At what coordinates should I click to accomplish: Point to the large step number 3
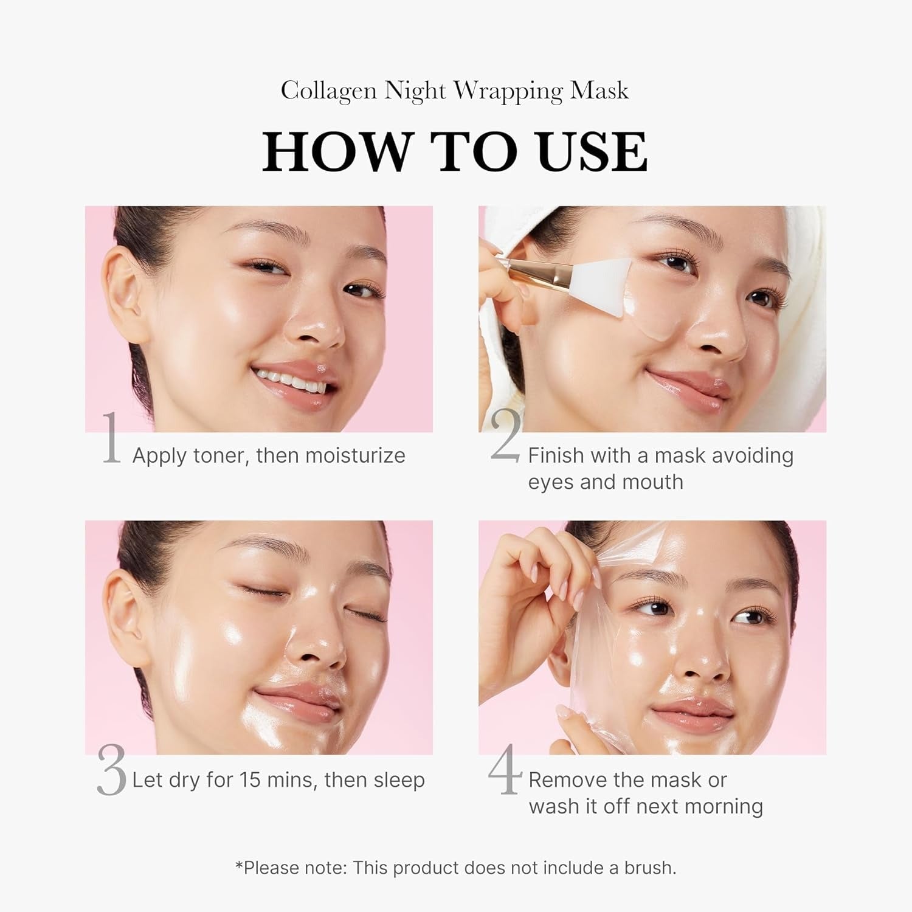tap(111, 771)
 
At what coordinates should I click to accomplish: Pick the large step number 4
tap(505, 769)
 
